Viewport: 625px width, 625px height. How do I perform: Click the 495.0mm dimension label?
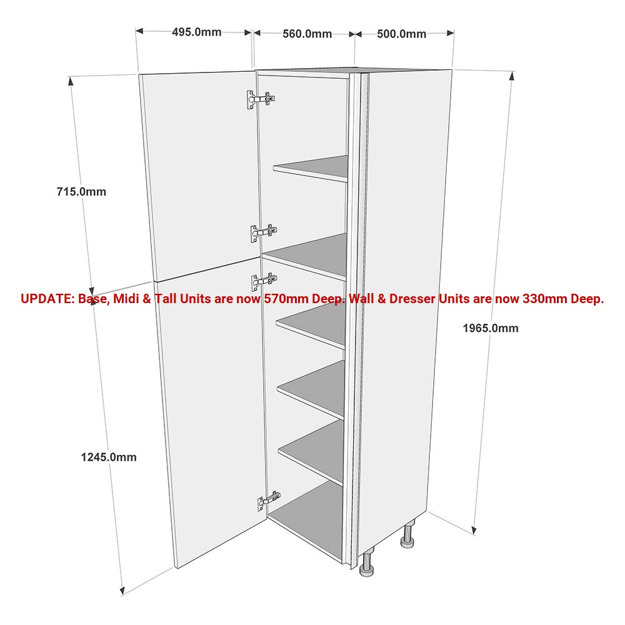coord(196,32)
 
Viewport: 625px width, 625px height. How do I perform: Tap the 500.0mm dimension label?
coord(401,34)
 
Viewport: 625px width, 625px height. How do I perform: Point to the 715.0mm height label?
coord(82,192)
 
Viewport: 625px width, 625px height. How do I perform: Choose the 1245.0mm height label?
coord(109,457)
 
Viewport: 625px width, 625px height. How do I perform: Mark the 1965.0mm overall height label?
coord(491,328)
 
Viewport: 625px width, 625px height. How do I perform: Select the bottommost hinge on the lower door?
coord(269,499)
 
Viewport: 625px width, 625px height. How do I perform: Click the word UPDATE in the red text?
coord(47,299)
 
